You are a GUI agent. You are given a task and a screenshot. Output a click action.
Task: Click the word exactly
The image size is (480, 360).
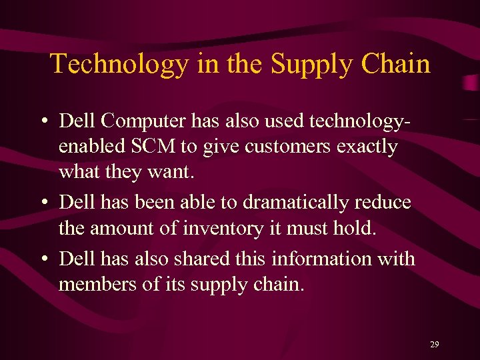(367, 146)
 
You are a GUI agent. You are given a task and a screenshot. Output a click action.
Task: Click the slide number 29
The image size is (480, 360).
(435, 345)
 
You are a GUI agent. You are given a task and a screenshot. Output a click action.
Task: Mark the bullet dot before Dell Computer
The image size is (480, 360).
(42, 122)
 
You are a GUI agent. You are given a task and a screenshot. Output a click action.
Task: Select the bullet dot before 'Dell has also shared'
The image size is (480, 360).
(42, 259)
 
